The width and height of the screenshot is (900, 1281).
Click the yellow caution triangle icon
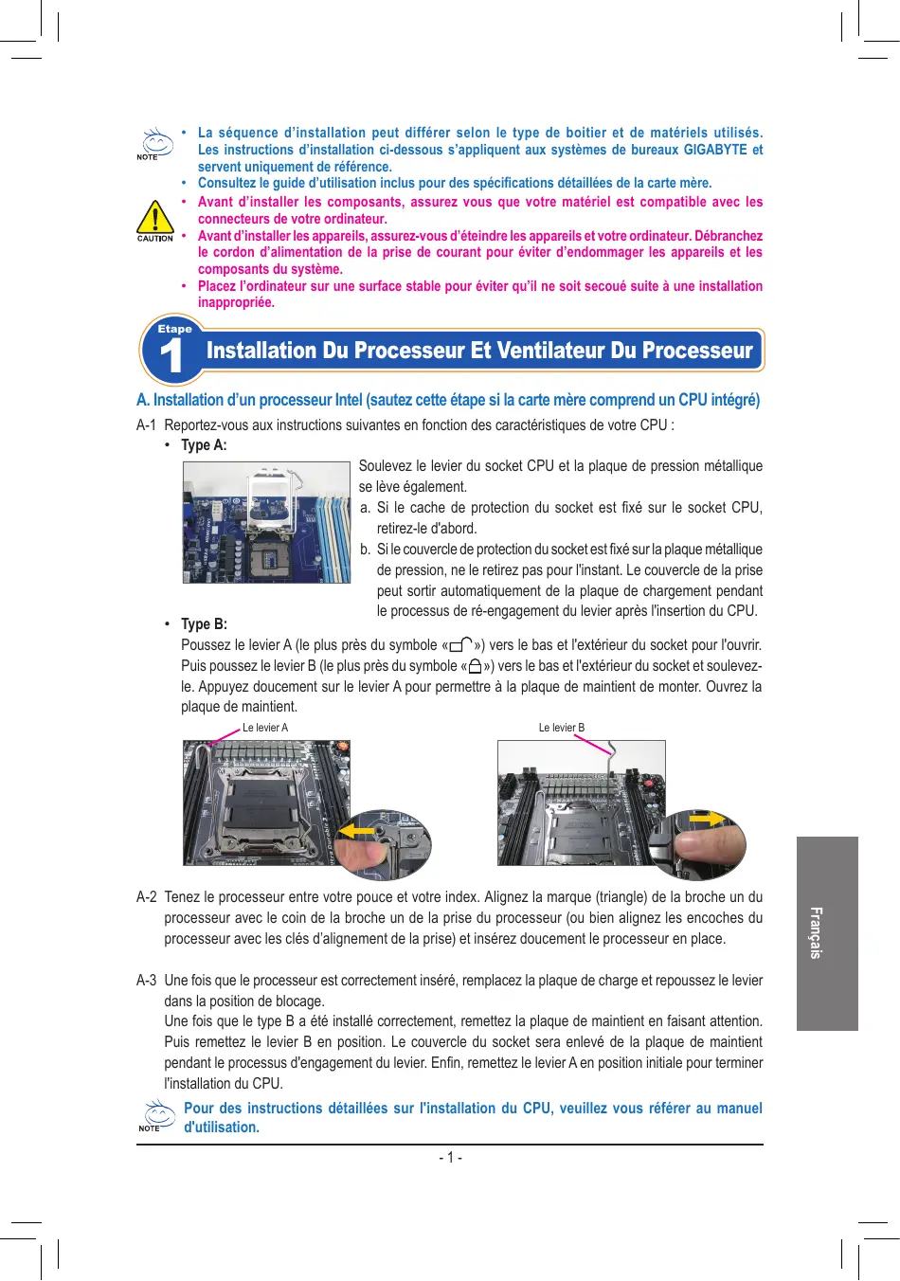(155, 217)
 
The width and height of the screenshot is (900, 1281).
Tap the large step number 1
(171, 355)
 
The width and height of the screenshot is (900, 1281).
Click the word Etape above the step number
(175, 329)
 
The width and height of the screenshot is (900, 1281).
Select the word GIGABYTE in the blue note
(715, 150)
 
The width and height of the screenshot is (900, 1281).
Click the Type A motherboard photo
(266, 522)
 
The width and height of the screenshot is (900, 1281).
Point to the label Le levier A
(265, 728)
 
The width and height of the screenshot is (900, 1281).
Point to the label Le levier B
(562, 728)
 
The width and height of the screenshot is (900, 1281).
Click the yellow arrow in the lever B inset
(708, 819)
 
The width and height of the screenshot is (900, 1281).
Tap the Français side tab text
(817, 932)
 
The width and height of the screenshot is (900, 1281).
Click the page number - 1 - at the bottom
(451, 1158)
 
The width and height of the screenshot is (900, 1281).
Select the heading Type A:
(204, 445)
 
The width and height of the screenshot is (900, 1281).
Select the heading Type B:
(204, 623)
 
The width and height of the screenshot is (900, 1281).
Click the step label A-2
(147, 896)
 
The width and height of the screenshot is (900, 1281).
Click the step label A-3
(147, 981)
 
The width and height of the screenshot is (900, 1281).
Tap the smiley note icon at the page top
(156, 143)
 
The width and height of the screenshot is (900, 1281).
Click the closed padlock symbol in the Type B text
(476, 666)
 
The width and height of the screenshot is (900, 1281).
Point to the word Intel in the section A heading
(349, 400)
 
